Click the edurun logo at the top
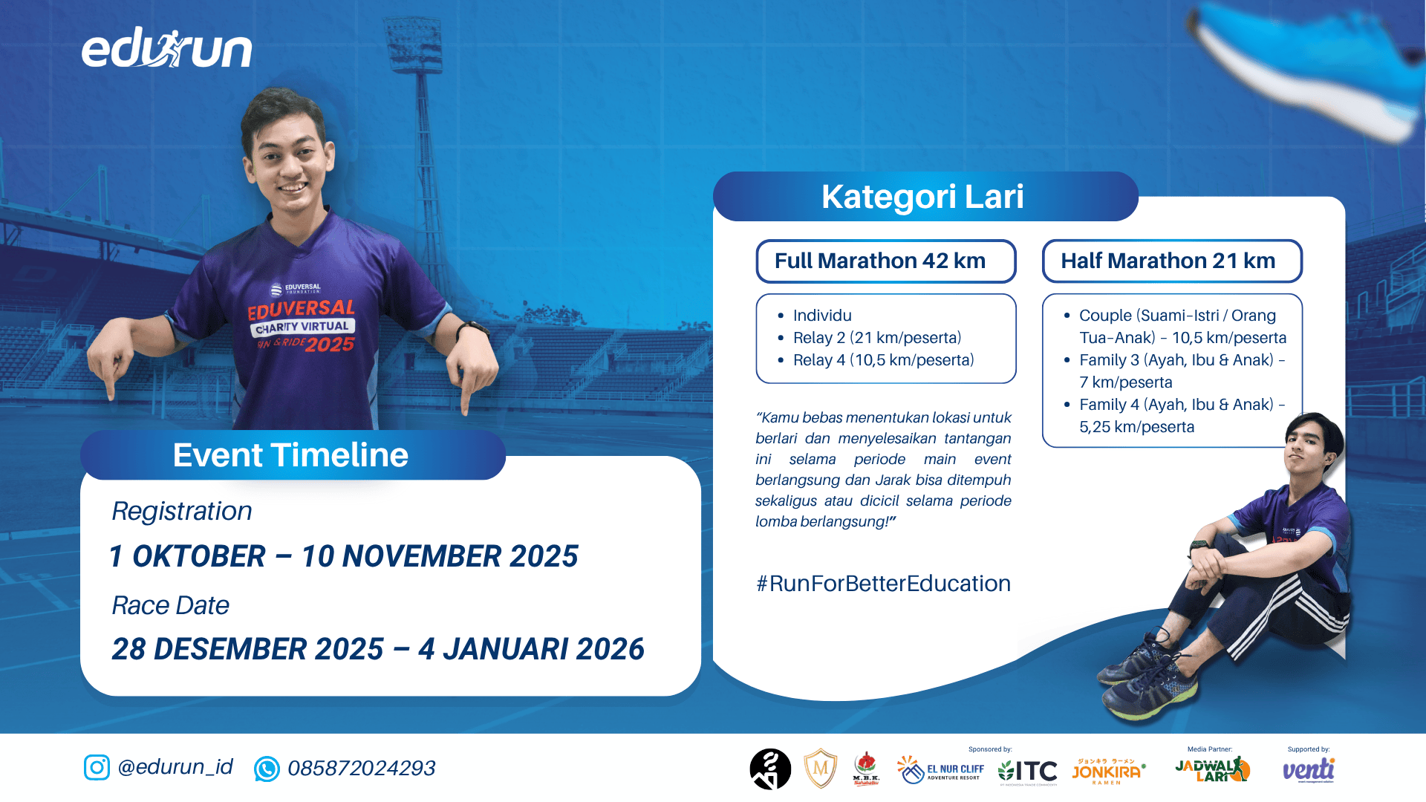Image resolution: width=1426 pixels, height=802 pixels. click(x=167, y=50)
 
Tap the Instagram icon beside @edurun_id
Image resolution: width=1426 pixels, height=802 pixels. click(x=97, y=767)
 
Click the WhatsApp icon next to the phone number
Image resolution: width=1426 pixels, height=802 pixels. click(x=267, y=769)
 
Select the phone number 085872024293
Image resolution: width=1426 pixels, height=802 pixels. click(x=361, y=768)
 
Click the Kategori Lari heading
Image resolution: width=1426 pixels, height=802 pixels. click(x=923, y=197)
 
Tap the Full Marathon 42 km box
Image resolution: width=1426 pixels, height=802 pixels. click(x=885, y=261)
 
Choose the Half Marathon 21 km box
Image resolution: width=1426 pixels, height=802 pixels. click(x=1171, y=261)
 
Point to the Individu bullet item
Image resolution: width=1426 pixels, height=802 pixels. click(x=821, y=316)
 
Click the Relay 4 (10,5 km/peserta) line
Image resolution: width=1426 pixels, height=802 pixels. click(x=882, y=360)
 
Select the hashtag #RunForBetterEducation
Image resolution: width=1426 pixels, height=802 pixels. click(x=882, y=584)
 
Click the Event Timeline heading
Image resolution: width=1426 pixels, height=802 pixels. click(x=291, y=455)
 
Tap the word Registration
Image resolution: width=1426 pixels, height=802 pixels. click(x=182, y=511)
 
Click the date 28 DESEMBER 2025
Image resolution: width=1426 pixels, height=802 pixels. click(x=247, y=649)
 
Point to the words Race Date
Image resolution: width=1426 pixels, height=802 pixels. click(x=170, y=605)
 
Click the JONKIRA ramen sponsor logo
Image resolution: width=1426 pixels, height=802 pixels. click(x=1107, y=771)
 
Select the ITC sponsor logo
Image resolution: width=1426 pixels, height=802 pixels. click(x=1028, y=772)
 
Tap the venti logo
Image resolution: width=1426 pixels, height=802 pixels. click(x=1309, y=770)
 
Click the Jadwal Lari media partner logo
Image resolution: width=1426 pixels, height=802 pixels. click(x=1212, y=770)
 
